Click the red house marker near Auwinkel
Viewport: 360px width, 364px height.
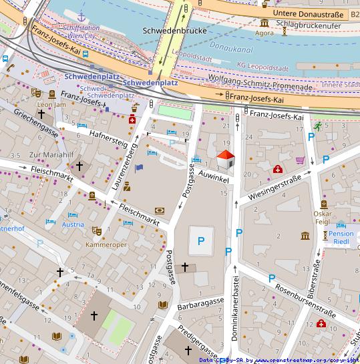tap(226, 160)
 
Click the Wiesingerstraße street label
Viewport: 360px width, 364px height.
tap(280, 187)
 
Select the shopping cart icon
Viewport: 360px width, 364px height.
tap(301, 160)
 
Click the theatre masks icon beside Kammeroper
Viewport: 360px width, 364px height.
tap(97, 231)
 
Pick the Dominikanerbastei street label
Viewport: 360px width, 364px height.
tap(235, 308)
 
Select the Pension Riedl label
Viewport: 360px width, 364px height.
tap(341, 238)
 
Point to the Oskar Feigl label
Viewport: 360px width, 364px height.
tap(323, 218)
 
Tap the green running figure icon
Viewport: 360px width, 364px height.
tap(319, 126)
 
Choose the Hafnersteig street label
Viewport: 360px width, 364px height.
tap(108, 138)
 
